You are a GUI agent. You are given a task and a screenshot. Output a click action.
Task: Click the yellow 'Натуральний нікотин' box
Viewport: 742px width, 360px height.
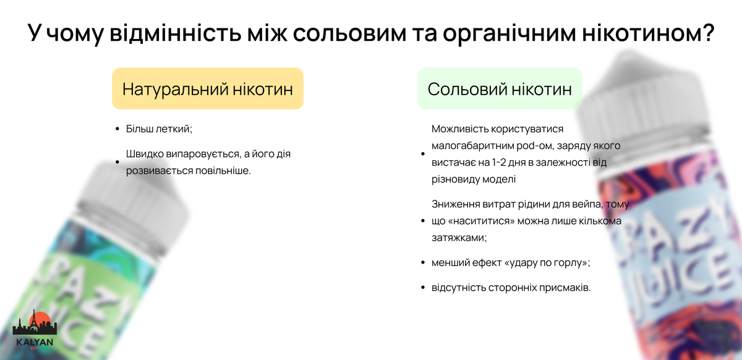[x=207, y=88]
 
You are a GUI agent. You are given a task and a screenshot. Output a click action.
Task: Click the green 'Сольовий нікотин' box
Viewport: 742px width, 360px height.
[x=500, y=88]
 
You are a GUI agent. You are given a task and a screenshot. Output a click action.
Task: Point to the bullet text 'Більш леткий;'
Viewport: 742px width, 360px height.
[x=159, y=129]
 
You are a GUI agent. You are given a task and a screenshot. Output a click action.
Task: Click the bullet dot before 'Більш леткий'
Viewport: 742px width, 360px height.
[x=117, y=129]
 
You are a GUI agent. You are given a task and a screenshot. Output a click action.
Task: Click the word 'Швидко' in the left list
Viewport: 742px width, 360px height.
[x=146, y=153]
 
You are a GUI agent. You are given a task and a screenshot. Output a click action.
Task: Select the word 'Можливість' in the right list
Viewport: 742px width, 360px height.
[x=459, y=129]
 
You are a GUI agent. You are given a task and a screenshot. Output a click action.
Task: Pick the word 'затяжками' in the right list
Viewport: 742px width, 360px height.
[x=458, y=238]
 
